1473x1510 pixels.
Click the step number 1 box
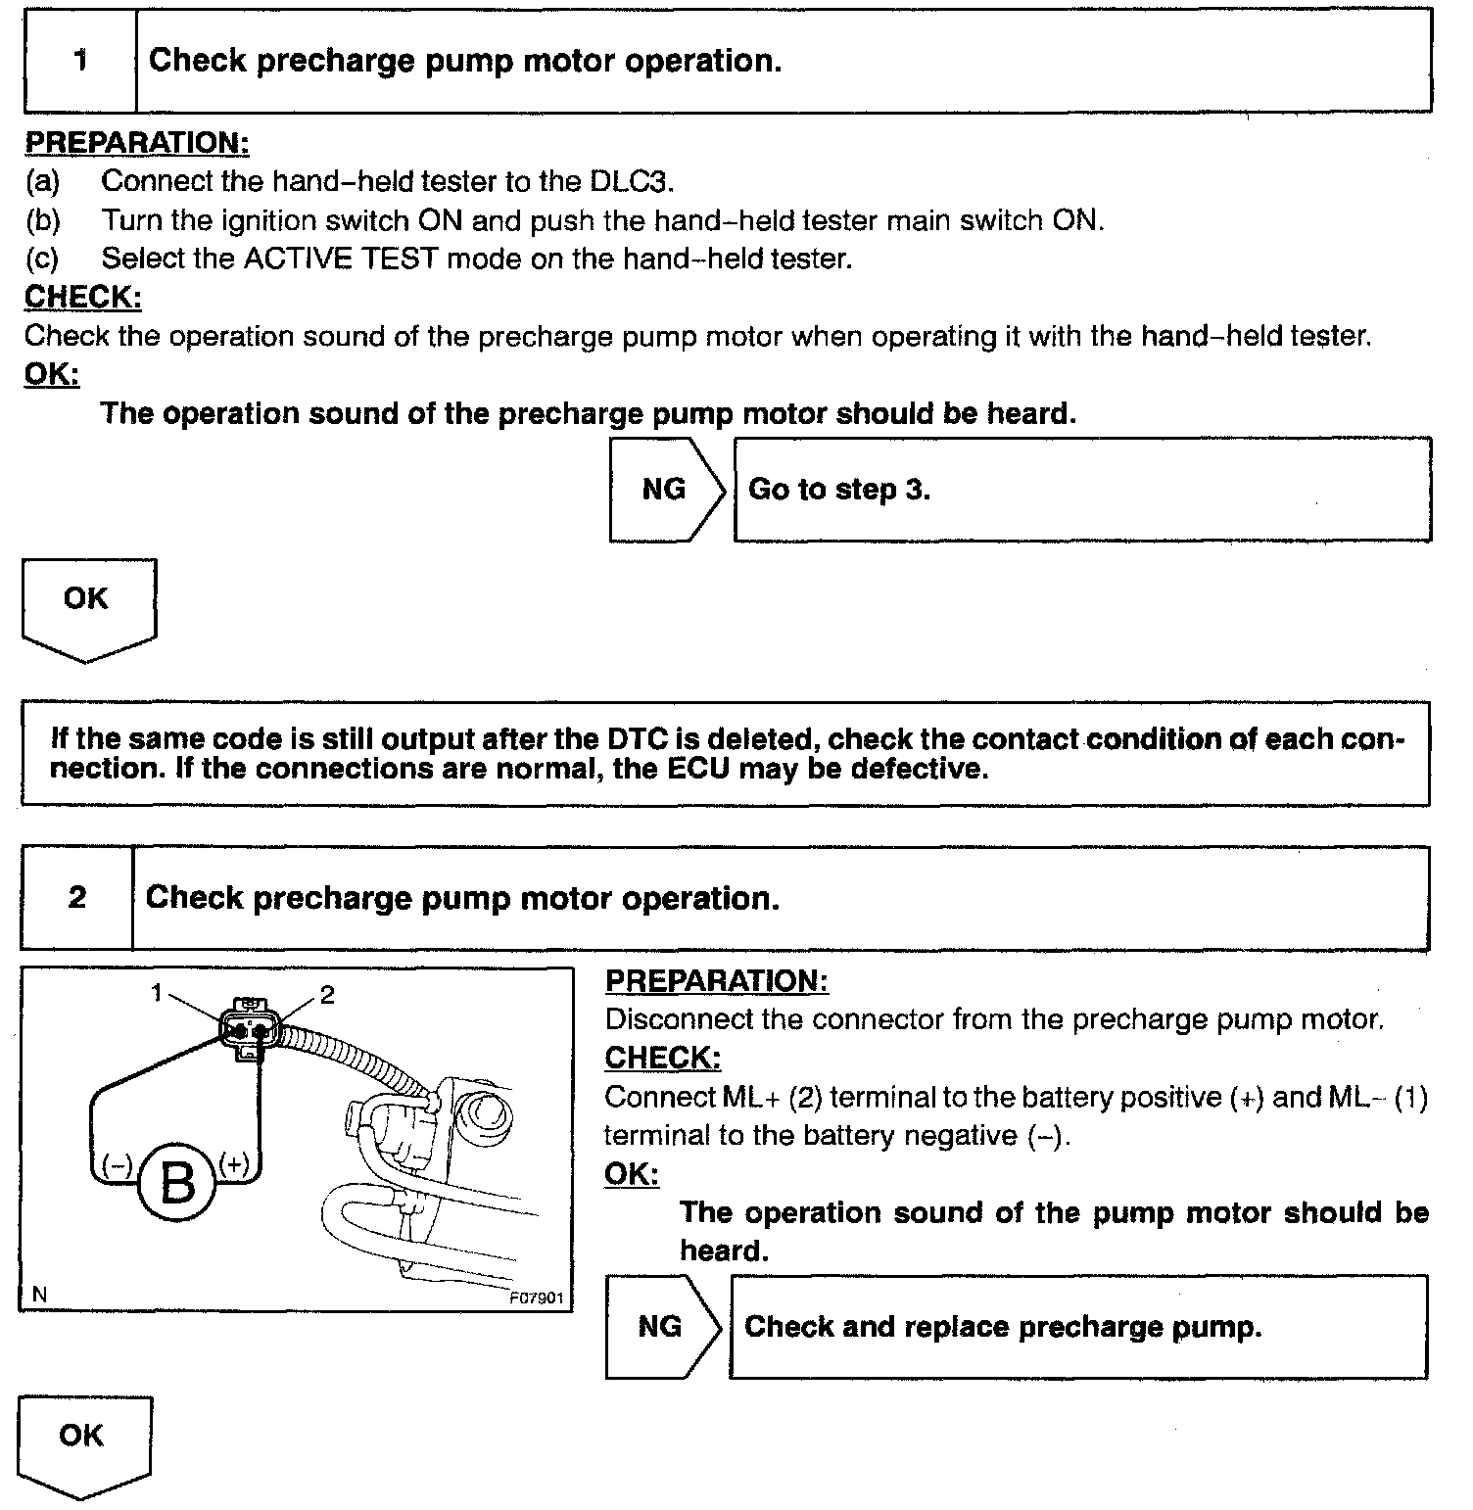(80, 61)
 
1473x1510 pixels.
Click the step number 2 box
(77, 898)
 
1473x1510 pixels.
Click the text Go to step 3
(838, 489)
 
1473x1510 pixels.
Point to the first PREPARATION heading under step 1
(137, 143)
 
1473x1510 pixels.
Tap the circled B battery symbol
(177, 1183)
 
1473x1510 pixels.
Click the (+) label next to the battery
(235, 1162)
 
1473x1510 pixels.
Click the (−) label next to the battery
(117, 1164)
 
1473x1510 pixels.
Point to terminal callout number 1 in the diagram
(157, 993)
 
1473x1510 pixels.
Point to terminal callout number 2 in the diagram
(327, 995)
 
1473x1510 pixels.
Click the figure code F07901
(537, 1298)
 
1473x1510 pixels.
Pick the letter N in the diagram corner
(39, 1295)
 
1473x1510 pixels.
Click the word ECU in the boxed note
(699, 769)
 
